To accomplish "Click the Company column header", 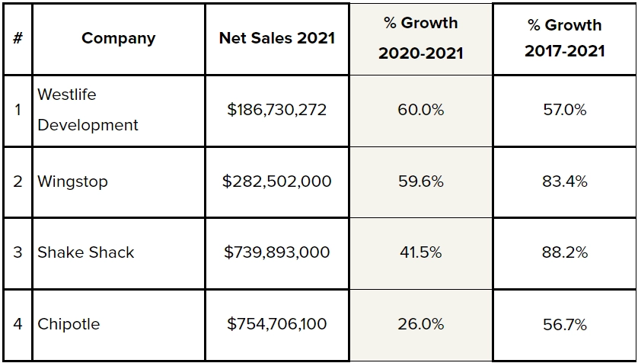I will point(118,38).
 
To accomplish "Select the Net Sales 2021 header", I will point(276,38).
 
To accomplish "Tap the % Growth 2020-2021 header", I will point(420,38).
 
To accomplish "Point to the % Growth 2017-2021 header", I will point(564,38).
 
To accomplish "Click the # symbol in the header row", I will point(17,38).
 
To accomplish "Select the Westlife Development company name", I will point(88,110).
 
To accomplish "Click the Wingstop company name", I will point(72,181).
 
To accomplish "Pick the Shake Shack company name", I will point(85,252).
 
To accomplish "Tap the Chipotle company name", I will point(69,324).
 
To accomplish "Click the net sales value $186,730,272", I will point(276,110).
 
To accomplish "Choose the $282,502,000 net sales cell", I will point(276,181).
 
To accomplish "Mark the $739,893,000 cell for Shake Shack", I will point(276,252).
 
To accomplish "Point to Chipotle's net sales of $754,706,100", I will point(276,324).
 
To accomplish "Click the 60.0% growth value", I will point(420,110).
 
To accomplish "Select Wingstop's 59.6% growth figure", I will point(420,181).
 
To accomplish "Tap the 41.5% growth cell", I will point(420,252).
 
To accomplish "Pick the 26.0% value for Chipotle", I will point(420,324).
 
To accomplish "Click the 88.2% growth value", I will point(564,252).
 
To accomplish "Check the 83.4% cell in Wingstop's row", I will point(564,181).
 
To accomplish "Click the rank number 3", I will point(17,252).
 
